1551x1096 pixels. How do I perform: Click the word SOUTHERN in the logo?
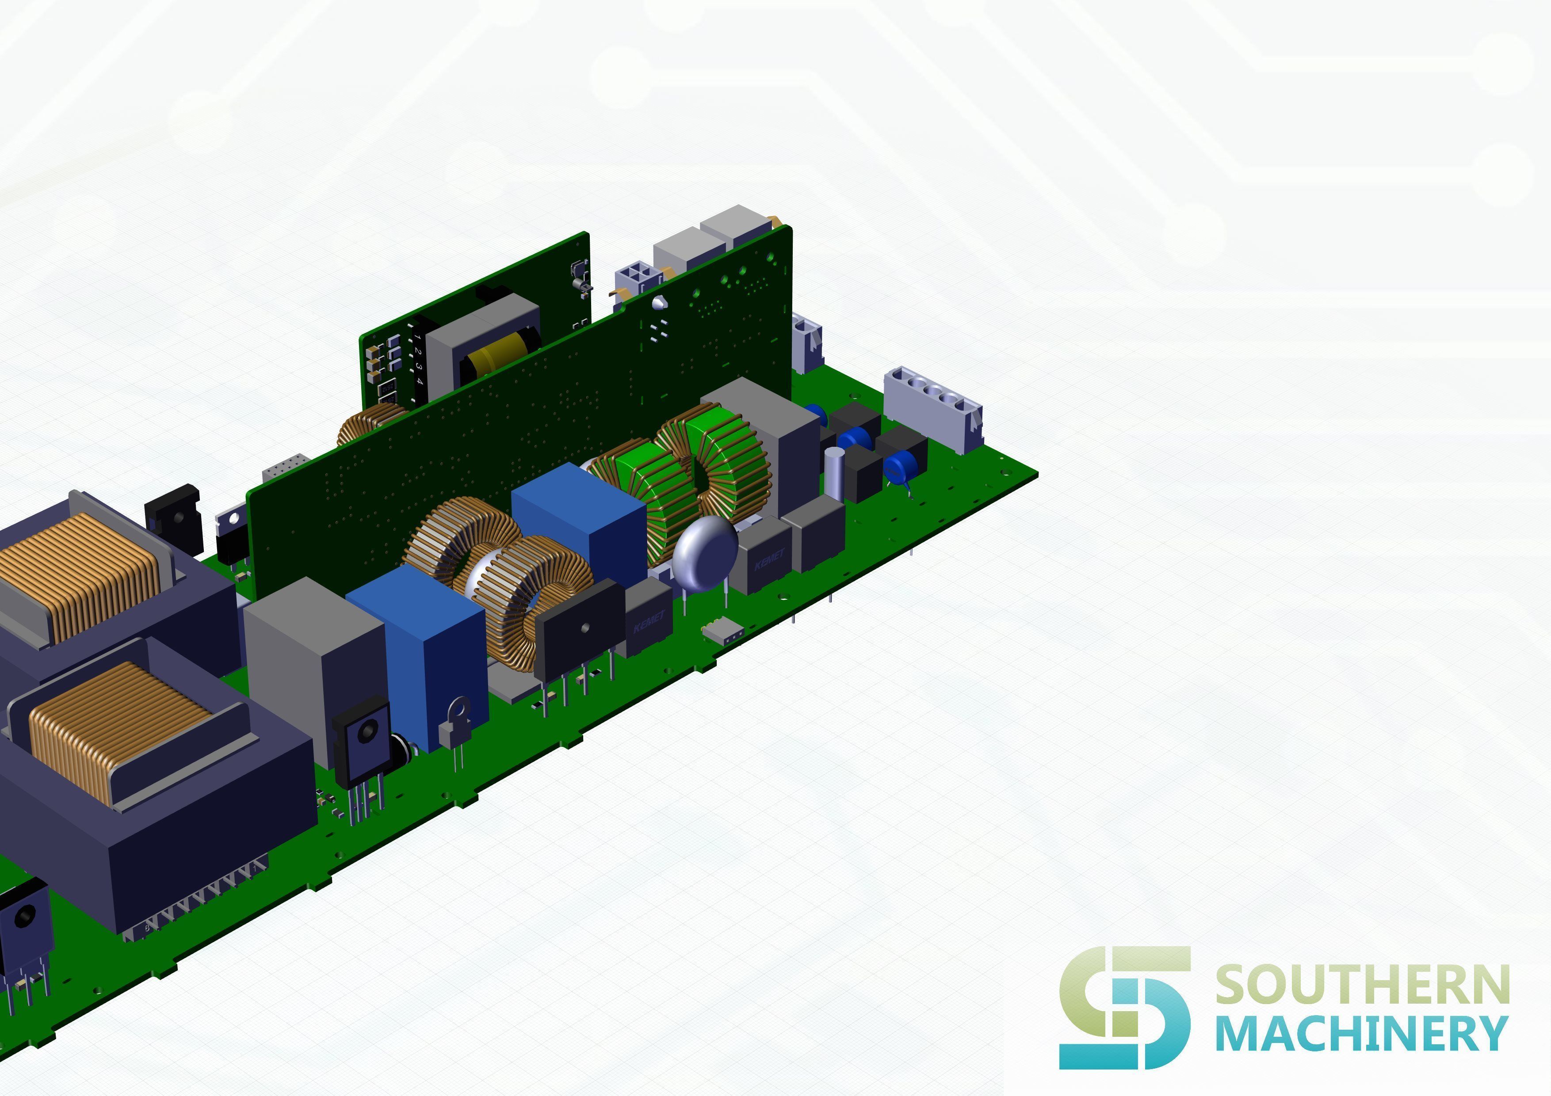[x=1362, y=985]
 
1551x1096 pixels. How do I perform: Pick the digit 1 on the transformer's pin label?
[x=417, y=336]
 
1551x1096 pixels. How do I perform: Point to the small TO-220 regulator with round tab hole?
[x=455, y=726]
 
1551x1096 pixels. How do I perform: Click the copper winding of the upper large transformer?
[x=81, y=574]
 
